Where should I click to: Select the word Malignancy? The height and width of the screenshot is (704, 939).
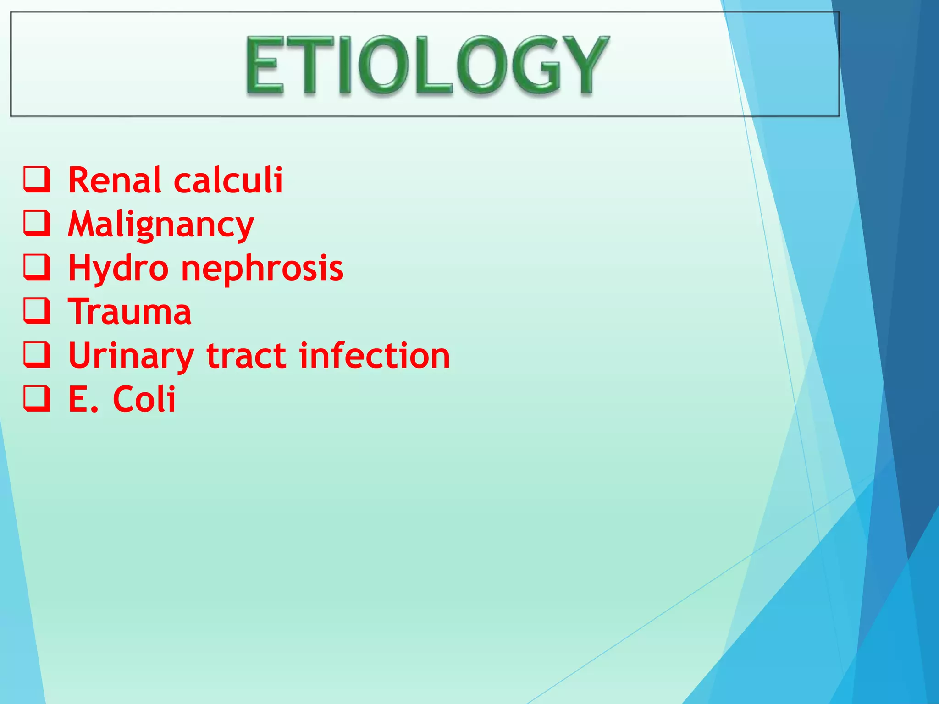pos(161,225)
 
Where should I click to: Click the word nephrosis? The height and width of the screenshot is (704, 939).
pos(262,269)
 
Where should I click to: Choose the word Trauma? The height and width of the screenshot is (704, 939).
pos(130,312)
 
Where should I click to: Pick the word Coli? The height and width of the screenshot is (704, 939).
pos(144,399)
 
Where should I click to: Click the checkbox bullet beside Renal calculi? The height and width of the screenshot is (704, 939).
pos(37,180)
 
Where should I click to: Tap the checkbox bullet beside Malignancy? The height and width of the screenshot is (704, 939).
pos(37,224)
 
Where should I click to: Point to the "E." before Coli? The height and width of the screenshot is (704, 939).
pos(83,399)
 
